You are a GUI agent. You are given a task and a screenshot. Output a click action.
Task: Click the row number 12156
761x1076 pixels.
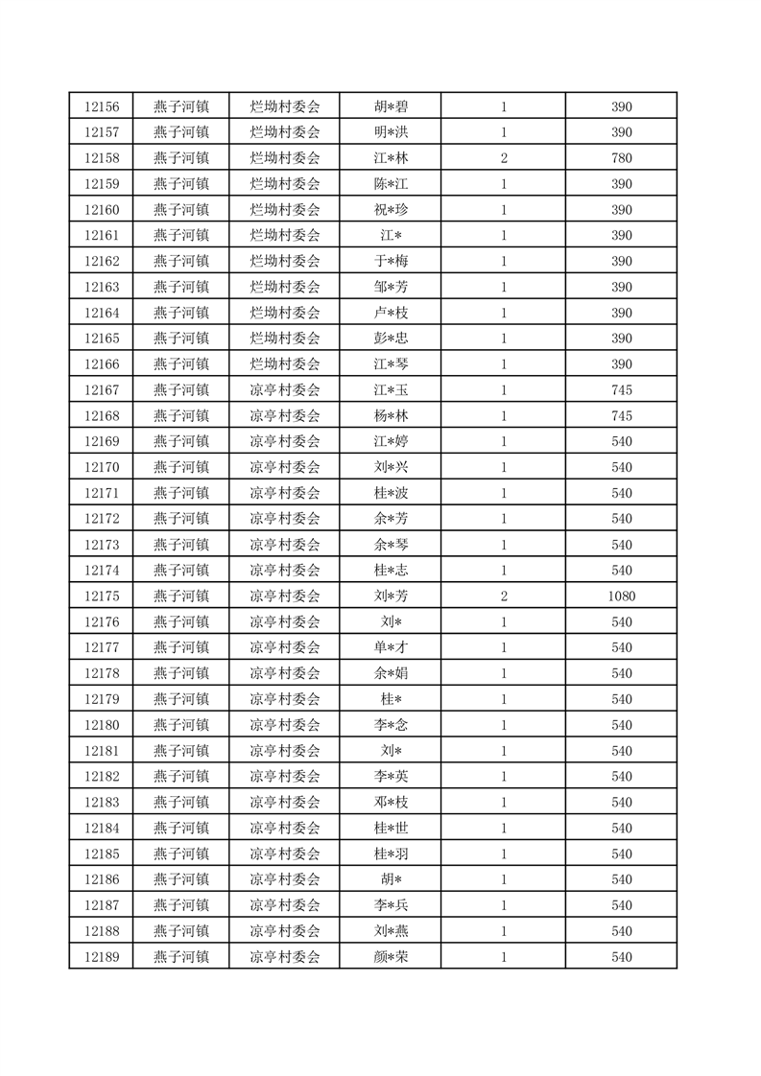(101, 106)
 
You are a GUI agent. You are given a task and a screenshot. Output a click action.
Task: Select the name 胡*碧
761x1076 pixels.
(391, 106)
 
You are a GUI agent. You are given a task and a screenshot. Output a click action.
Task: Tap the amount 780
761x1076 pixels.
(621, 158)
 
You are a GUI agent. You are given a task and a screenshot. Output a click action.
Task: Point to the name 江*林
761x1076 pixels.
(391, 158)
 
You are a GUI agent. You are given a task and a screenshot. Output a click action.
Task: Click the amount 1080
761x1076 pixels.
(621, 596)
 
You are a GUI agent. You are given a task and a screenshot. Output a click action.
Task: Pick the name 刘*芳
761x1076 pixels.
(391, 596)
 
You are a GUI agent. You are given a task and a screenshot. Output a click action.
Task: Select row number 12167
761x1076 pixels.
(101, 390)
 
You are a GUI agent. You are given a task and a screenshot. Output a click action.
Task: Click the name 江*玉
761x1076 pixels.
(391, 390)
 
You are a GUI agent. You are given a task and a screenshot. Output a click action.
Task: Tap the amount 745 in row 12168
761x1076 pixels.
(621, 416)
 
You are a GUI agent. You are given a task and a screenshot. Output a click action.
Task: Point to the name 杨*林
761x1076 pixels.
(391, 416)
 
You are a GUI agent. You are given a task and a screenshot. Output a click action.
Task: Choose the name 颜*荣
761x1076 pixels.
(391, 956)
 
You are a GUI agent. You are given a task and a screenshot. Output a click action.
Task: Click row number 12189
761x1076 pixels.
(101, 956)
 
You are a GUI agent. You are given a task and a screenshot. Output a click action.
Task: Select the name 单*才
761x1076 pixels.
(391, 647)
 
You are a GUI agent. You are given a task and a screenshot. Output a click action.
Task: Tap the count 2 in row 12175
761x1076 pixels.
(503, 596)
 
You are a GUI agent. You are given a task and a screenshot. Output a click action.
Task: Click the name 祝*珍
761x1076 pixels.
(391, 210)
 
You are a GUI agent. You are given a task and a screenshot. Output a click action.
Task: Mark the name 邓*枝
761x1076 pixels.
(391, 802)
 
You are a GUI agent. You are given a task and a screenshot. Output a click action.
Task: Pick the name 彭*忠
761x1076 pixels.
(391, 339)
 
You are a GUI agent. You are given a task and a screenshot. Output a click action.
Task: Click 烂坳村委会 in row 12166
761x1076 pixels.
(284, 364)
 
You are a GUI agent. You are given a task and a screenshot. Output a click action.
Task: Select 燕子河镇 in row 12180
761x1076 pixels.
(180, 725)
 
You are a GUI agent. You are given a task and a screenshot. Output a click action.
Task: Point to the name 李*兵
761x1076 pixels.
(391, 905)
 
